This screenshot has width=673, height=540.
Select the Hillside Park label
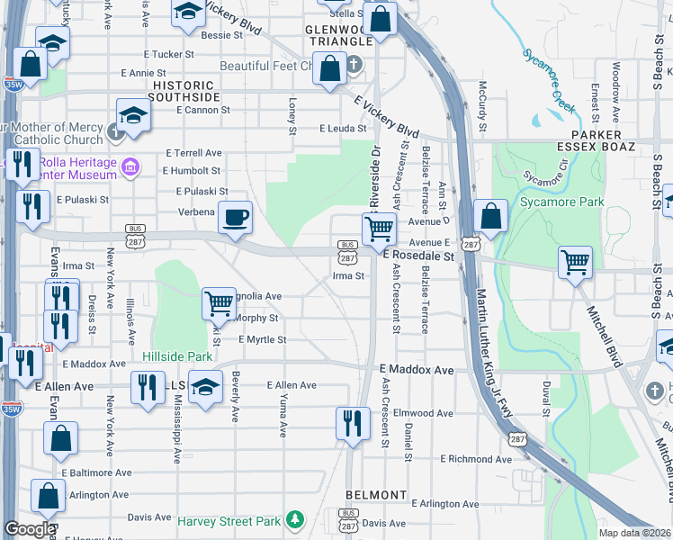(176, 356)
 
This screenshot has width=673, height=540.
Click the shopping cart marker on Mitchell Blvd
(575, 264)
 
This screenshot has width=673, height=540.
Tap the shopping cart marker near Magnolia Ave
(219, 304)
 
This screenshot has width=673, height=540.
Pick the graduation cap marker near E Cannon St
(133, 116)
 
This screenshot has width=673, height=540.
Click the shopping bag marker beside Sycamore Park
(490, 216)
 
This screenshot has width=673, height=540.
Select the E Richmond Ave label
(476, 459)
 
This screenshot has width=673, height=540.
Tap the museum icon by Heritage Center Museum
(131, 167)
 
